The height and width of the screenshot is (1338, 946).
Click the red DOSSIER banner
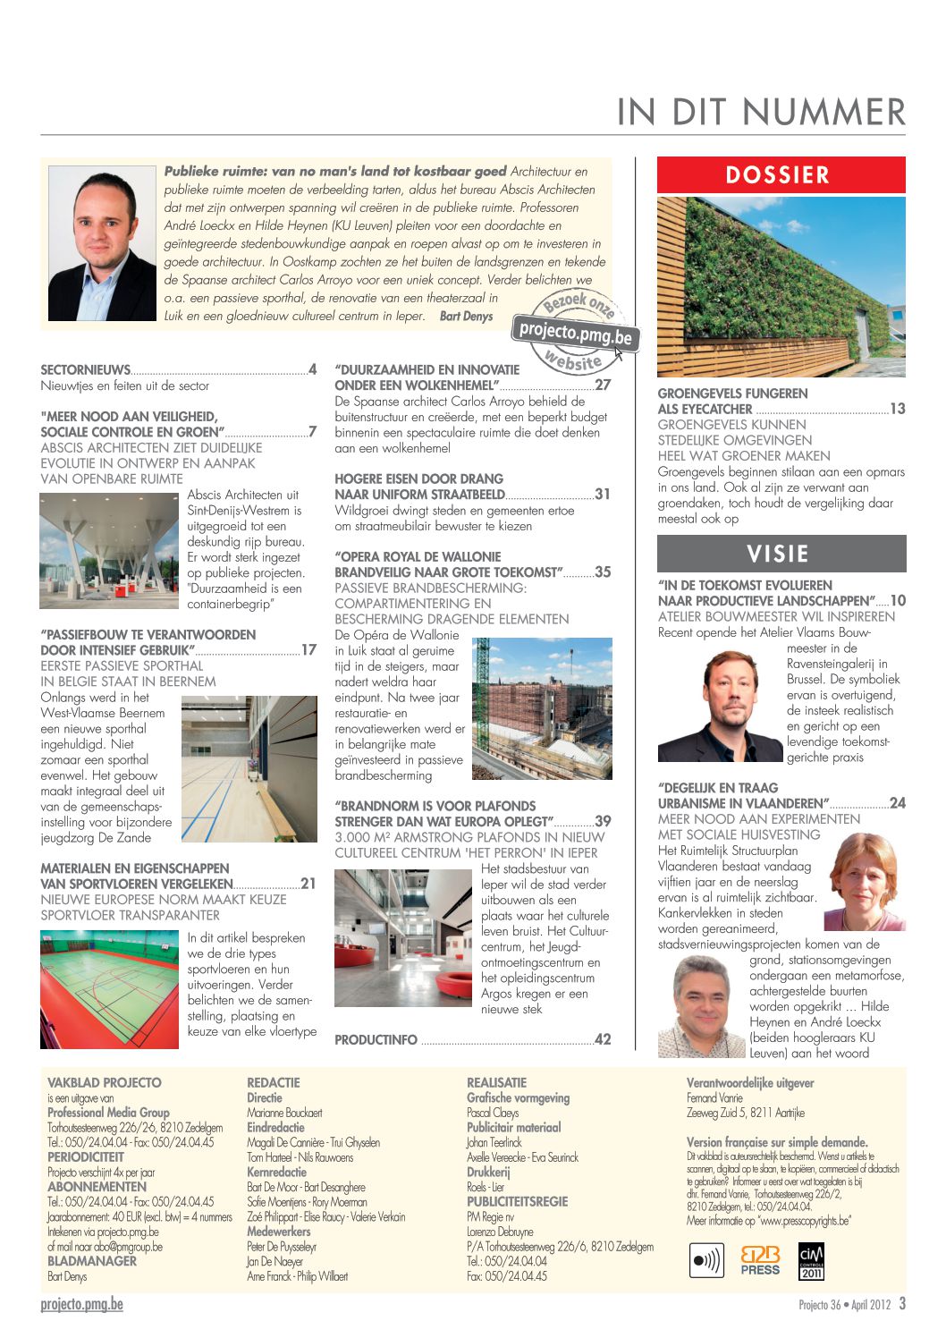(x=781, y=174)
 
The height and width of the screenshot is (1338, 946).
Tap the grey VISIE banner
(x=781, y=554)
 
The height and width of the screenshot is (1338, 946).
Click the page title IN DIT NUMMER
(x=761, y=112)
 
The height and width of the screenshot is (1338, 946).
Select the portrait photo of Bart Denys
(x=102, y=242)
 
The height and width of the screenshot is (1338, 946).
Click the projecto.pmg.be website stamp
(x=577, y=334)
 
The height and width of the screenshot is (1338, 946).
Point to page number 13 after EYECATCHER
(x=897, y=409)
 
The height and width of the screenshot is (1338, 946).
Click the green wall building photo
(x=781, y=286)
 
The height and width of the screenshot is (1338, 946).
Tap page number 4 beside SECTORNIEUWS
(x=313, y=369)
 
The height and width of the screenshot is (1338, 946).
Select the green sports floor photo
(x=109, y=989)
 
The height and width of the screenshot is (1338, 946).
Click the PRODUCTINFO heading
(x=376, y=1039)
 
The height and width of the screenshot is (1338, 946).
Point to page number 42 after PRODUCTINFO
(x=603, y=1039)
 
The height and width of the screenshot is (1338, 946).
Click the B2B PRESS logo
(x=760, y=1260)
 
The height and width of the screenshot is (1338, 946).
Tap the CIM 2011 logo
(x=811, y=1260)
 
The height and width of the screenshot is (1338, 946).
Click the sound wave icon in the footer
(x=707, y=1260)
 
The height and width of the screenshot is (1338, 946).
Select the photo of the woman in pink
(x=864, y=882)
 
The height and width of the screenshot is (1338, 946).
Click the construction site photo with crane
(x=541, y=708)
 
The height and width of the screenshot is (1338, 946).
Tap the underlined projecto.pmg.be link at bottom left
(x=81, y=1304)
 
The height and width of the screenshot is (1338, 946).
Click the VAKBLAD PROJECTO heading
(x=105, y=1082)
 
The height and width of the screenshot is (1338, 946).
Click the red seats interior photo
(x=403, y=938)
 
